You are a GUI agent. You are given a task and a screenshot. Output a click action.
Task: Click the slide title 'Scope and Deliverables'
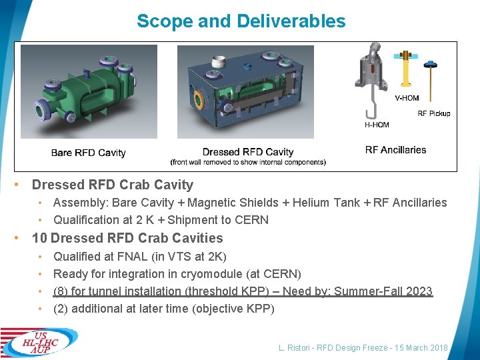[x=241, y=21]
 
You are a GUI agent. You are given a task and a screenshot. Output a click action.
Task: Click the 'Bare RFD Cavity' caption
[x=88, y=153]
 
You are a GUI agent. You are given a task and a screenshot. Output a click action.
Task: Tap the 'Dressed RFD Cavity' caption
[x=248, y=152]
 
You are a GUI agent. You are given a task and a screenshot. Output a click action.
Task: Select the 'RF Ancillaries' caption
[x=395, y=150]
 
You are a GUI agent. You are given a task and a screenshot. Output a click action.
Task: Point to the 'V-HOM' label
[x=407, y=98]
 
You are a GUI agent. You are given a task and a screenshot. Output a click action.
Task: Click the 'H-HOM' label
[x=377, y=124]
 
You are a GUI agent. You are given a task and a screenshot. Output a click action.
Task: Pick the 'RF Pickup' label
[x=433, y=113]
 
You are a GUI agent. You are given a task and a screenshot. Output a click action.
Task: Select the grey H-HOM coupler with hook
[x=371, y=80]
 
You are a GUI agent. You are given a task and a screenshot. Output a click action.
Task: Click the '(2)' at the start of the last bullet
[x=61, y=309]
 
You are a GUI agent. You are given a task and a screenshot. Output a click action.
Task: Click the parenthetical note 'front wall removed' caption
[x=248, y=162]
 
